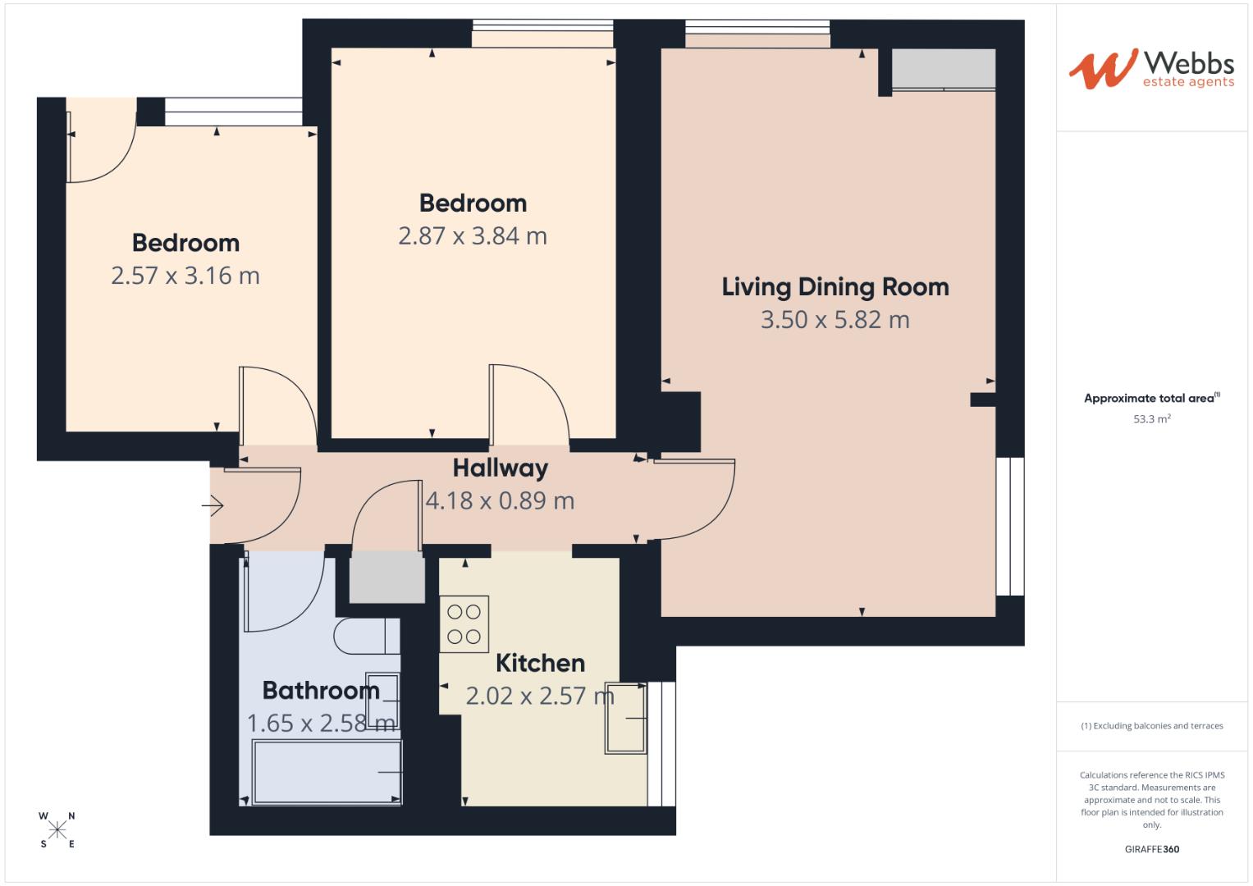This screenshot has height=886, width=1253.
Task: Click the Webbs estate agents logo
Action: coord(1151,69)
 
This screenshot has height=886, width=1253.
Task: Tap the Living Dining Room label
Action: coord(835,287)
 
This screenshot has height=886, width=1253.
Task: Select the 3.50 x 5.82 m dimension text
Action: coord(835,320)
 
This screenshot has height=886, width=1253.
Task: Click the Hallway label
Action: coord(500,468)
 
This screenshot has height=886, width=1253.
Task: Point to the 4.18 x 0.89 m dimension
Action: coord(500,501)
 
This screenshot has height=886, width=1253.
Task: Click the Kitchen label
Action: coord(540,663)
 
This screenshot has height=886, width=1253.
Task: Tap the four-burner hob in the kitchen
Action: coord(464,624)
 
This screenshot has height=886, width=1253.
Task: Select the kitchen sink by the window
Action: coord(625,718)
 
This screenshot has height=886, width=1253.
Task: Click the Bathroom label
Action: coord(321,691)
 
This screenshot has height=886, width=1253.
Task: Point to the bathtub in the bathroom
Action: coord(327,772)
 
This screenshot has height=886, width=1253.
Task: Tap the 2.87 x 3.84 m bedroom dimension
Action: coord(473,236)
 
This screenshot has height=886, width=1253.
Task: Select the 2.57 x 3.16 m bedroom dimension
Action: coord(185,276)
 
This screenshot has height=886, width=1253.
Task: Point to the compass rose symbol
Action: coord(57,830)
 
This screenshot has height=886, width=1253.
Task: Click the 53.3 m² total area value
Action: coord(1151,419)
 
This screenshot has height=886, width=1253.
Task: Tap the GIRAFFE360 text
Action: coord(1151,849)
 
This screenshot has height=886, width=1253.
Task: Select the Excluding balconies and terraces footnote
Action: coord(1151,726)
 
